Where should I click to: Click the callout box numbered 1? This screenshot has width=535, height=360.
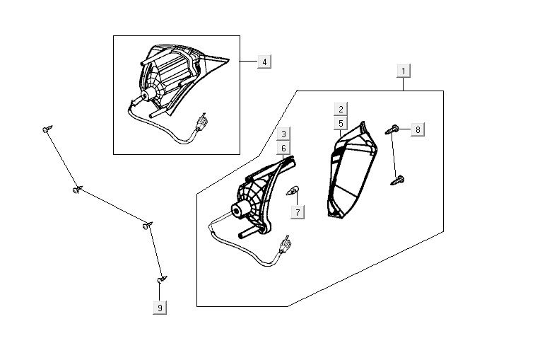(x=404, y=71)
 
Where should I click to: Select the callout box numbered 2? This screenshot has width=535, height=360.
(x=341, y=110)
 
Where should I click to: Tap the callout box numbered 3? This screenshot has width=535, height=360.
(x=283, y=134)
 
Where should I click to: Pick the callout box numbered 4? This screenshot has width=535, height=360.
(x=263, y=62)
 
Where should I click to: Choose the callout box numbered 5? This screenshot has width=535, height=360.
(x=341, y=123)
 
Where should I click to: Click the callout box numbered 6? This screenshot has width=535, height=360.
(x=283, y=148)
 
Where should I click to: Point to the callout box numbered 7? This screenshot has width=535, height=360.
(x=298, y=212)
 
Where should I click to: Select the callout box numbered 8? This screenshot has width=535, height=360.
(x=417, y=129)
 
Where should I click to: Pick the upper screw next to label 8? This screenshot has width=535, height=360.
(x=393, y=129)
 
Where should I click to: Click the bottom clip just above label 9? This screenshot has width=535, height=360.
(x=162, y=280)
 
